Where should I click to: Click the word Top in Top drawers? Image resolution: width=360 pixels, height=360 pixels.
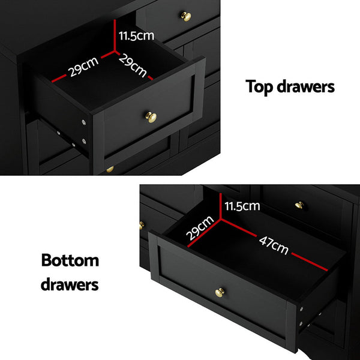[260, 87]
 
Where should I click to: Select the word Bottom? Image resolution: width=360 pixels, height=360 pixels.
[70, 261]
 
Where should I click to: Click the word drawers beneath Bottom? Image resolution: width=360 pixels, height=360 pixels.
[70, 284]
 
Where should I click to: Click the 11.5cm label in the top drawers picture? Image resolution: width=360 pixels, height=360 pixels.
[136, 35]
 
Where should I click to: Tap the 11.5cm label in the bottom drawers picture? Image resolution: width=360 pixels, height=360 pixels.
[242, 206]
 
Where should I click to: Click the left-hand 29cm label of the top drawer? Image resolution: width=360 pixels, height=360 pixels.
[83, 67]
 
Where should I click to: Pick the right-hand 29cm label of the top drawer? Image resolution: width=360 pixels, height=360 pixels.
[132, 66]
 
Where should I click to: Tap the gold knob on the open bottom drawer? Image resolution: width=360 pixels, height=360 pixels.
[220, 292]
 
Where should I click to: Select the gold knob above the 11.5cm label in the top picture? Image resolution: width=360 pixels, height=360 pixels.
[186, 16]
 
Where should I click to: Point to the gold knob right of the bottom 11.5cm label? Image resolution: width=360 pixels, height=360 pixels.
[299, 206]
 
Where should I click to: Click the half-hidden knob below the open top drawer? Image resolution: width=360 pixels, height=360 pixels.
[110, 170]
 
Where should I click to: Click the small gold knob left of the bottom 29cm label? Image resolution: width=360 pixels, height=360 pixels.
[142, 225]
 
